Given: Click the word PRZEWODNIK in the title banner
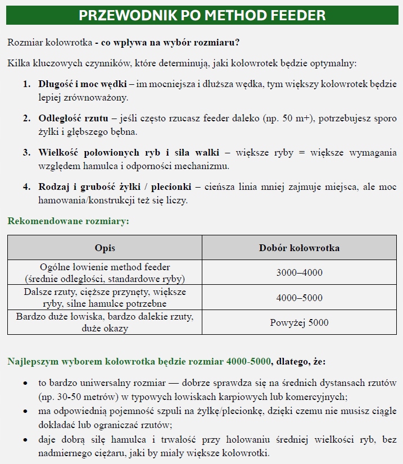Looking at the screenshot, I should [x=117, y=15].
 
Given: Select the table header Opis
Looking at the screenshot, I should [x=105, y=248].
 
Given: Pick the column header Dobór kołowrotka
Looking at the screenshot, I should [x=299, y=248].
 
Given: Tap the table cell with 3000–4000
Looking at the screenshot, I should [x=299, y=273].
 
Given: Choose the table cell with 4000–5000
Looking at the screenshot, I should [x=299, y=298].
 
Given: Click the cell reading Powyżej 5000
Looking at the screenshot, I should [x=299, y=322].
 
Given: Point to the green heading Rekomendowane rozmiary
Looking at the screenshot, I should [x=68, y=221].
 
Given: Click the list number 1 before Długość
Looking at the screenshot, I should [x=26, y=84].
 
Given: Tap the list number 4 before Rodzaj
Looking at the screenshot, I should [x=26, y=187].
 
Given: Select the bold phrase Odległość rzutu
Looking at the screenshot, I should [x=73, y=119].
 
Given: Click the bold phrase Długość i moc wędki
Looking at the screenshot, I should [x=82, y=84].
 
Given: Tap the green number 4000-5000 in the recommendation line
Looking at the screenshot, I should [x=249, y=361].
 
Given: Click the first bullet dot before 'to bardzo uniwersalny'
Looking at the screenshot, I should [x=26, y=383].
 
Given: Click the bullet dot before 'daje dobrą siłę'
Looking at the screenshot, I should [x=26, y=439].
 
